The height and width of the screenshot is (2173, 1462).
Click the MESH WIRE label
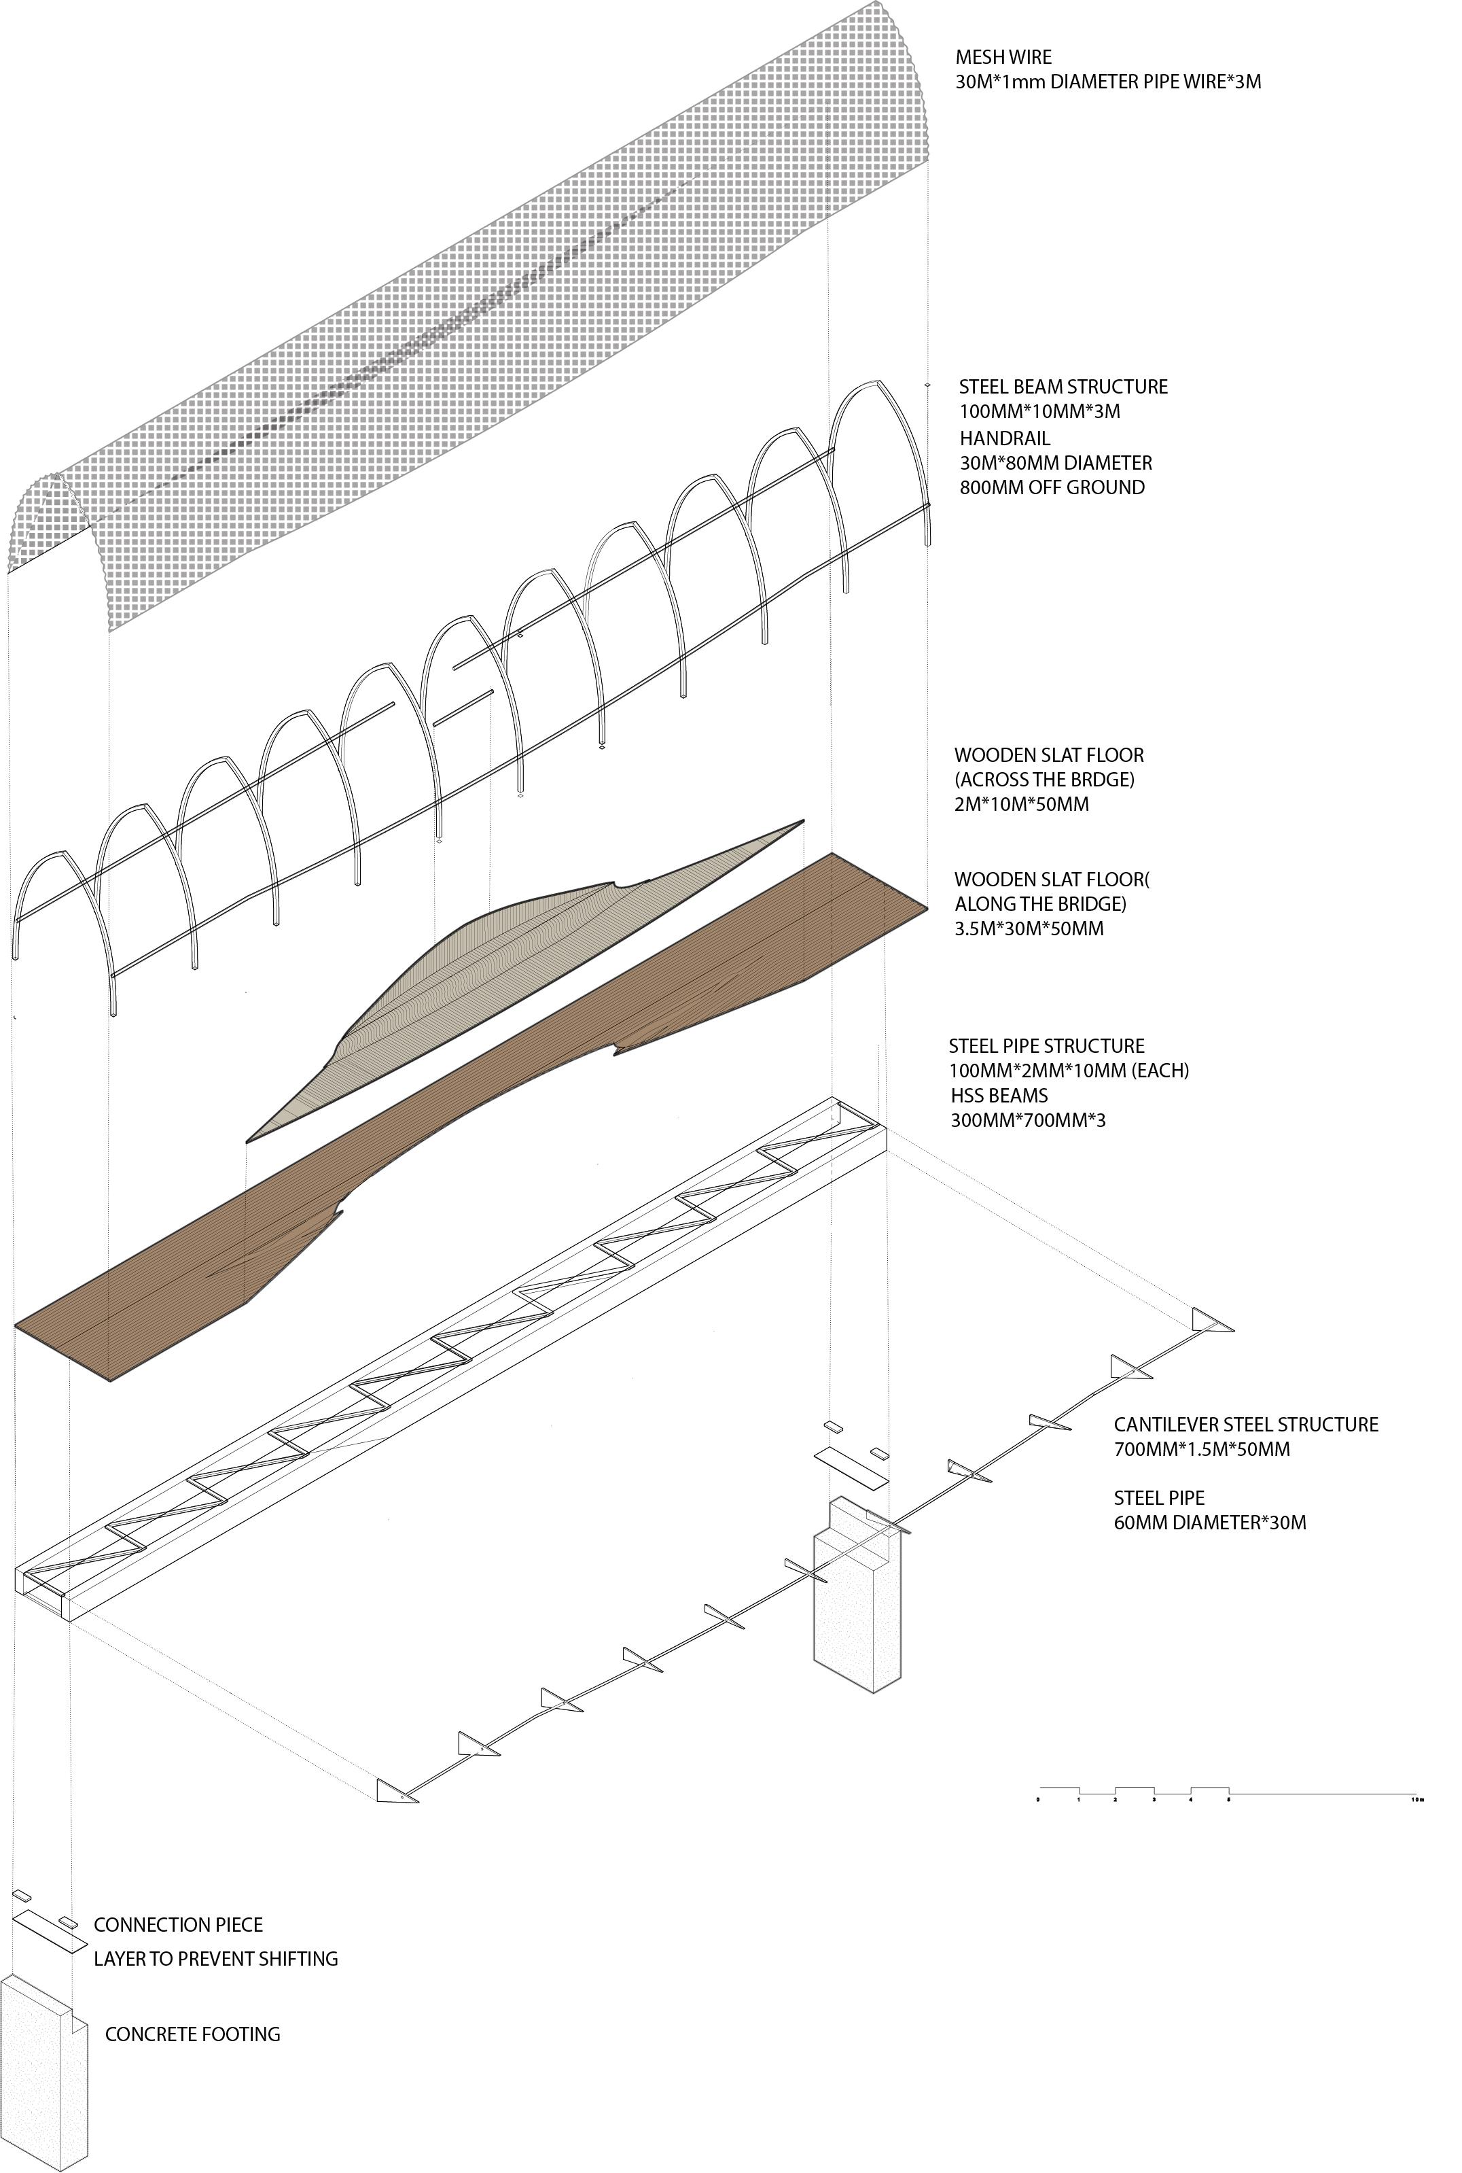(1003, 57)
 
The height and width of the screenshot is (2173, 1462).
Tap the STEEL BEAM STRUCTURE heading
(1063, 387)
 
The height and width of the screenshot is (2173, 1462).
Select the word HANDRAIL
(1005, 438)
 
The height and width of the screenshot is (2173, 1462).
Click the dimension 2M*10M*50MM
(1021, 805)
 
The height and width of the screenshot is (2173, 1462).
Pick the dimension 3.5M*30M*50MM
(1029, 929)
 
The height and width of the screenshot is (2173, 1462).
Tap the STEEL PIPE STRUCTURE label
(1046, 1046)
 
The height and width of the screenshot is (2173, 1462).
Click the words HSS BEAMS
(999, 1096)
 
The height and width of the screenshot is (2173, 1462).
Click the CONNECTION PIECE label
(178, 1925)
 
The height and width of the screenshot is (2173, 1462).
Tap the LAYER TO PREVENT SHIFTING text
(215, 1958)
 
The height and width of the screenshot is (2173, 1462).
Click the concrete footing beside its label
(42, 2080)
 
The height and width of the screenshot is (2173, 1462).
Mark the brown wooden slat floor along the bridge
(466, 1128)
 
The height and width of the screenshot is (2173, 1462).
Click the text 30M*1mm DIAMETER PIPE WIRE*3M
(1107, 82)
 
